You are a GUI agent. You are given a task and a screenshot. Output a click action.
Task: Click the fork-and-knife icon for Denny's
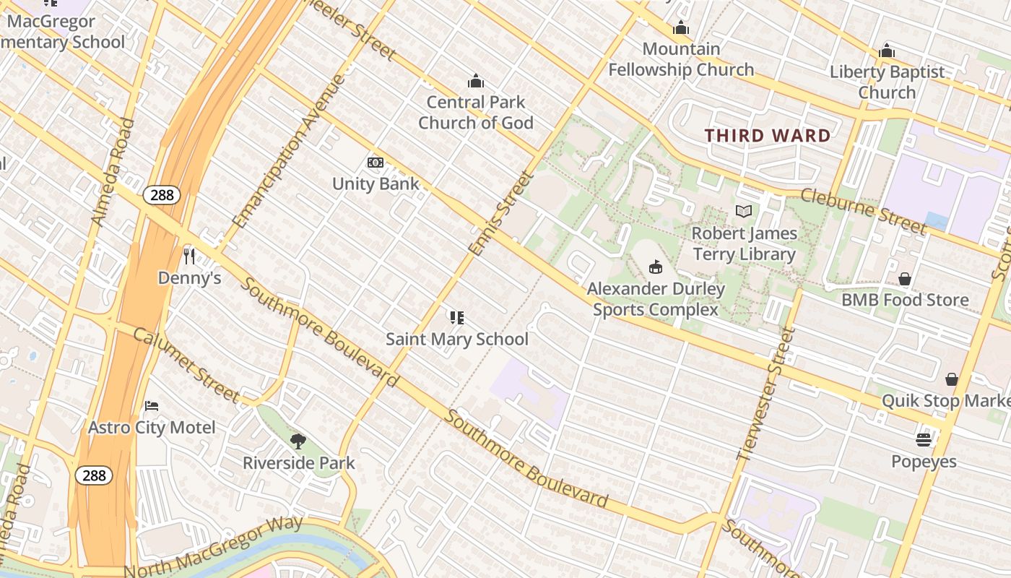[189, 256]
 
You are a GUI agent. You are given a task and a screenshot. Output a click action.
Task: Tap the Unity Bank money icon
[376, 163]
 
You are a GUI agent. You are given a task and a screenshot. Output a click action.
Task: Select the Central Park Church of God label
[476, 112]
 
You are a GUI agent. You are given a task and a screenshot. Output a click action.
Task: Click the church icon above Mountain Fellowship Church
[680, 28]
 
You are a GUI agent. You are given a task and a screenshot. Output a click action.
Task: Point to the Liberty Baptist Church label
[887, 82]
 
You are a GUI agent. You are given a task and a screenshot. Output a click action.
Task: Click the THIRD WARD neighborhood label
[768, 136]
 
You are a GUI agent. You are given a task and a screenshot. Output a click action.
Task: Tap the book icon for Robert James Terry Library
[744, 211]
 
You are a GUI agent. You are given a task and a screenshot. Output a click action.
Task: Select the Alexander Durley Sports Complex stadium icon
[656, 267]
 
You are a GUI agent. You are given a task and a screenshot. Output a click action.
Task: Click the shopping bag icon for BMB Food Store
[905, 279]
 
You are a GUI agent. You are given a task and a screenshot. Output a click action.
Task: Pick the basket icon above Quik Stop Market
[952, 379]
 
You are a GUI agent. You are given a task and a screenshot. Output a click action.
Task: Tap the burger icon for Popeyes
[924, 439]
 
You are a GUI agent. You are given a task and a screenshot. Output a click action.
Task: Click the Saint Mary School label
[457, 339]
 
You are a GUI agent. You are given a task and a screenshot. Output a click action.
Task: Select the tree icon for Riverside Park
[298, 441]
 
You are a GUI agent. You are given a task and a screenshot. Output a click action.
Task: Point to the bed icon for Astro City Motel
[152, 405]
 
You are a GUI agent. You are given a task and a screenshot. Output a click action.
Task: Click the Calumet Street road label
[186, 365]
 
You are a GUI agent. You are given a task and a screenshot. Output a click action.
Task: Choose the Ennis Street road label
[500, 213]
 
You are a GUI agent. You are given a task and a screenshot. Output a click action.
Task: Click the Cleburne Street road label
[863, 211]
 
